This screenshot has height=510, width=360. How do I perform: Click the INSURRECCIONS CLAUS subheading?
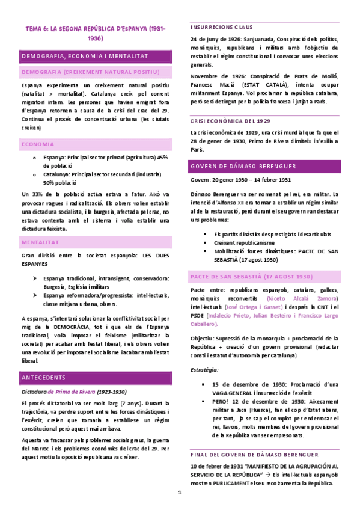pos(221,27)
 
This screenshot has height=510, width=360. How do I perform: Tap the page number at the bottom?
pos(180,493)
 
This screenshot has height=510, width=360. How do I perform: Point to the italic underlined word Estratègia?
pos(204,369)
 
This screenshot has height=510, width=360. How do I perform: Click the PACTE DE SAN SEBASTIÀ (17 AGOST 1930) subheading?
pos(251,277)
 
